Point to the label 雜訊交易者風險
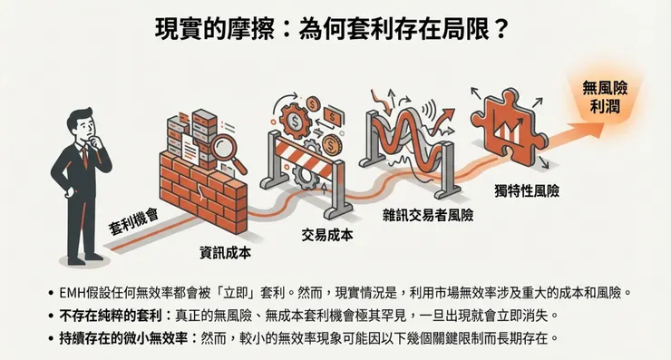427,217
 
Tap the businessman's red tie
84,154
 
